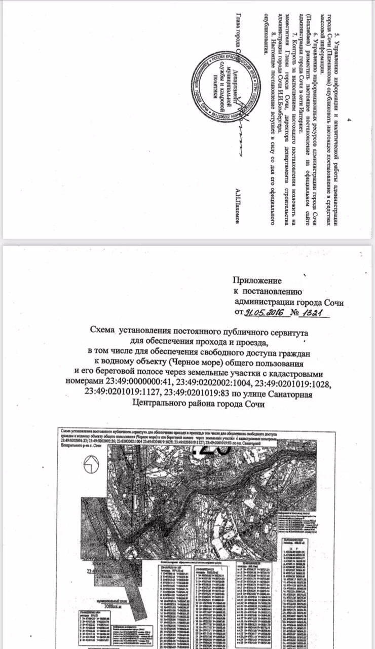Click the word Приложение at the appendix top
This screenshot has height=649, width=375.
(x=257, y=280)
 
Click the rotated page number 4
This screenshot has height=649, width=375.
(x=348, y=120)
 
